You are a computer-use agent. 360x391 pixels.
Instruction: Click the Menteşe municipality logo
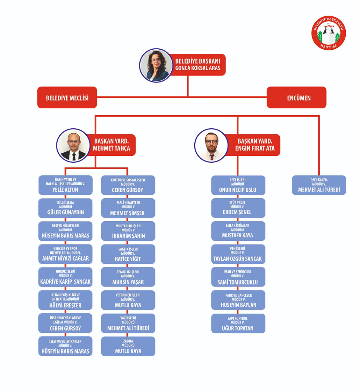pos(328,33)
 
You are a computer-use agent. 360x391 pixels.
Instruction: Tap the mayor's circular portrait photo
pos(156,65)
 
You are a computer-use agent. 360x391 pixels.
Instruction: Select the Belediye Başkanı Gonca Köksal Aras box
pos(198,65)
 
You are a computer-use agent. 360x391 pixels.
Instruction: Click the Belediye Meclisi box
pos(67,98)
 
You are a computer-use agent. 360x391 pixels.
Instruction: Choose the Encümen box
pos(296,98)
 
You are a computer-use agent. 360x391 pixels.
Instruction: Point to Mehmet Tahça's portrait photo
pos(74,146)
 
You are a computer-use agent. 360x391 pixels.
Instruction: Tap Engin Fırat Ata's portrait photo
pos(211,146)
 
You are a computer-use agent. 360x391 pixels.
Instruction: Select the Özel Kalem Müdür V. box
pos(319,185)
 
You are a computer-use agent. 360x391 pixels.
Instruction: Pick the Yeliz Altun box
pos(65,185)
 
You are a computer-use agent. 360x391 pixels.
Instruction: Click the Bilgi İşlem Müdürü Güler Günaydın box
pos(65,208)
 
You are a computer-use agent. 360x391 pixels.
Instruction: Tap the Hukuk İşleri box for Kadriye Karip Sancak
pos(65,277)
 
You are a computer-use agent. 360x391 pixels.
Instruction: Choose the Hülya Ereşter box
pos(65,300)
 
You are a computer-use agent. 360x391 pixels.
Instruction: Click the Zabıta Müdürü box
pos(128,346)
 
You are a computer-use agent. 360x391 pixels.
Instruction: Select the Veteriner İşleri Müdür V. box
pos(128,300)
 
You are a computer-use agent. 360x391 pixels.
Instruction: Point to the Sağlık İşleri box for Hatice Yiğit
pos(128,254)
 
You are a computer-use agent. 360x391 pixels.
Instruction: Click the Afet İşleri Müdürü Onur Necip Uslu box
pos(238,185)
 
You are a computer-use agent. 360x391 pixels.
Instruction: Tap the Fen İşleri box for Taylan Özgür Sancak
pos(238,254)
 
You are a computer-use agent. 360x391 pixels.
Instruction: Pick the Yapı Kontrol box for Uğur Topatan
pos(238,323)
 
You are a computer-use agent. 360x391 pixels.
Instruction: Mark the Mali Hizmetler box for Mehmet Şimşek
pos(128,208)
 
